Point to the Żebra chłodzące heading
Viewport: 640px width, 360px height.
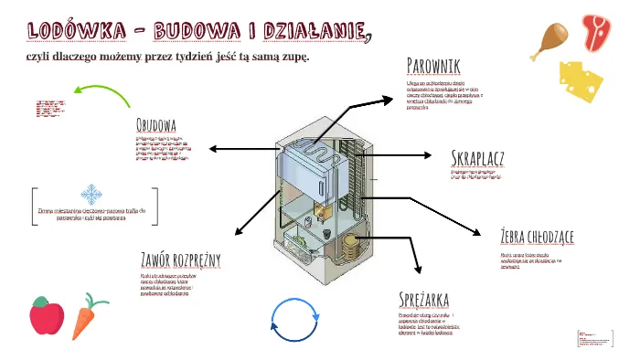point(537,238)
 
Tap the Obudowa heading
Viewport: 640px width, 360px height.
point(155,124)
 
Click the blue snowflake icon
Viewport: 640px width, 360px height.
point(91,194)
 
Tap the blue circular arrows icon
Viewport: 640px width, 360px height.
point(293,319)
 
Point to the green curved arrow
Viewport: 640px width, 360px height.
point(101,92)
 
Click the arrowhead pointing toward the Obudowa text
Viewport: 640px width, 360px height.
point(214,147)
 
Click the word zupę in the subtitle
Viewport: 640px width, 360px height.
point(293,57)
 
